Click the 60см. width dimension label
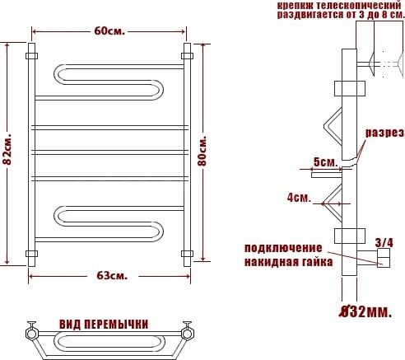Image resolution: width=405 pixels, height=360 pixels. click(x=109, y=31)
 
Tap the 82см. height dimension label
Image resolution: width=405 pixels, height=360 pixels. click(x=7, y=149)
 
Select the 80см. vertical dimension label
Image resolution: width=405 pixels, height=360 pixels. click(x=202, y=150)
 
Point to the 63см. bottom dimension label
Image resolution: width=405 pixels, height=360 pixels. click(x=112, y=275)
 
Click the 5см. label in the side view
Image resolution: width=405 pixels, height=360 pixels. click(x=326, y=162)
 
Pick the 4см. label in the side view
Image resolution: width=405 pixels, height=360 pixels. click(x=299, y=198)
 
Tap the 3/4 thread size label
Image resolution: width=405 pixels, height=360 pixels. click(x=384, y=243)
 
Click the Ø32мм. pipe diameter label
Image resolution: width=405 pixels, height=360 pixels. click(x=365, y=311)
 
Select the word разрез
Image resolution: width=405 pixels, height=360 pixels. click(x=384, y=133)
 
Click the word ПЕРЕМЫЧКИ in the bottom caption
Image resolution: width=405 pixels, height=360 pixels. click(x=116, y=325)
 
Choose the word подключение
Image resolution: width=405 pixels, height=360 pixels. click(x=283, y=248)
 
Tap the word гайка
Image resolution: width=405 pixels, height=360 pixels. click(x=318, y=262)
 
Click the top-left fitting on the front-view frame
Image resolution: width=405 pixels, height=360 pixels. click(x=31, y=56)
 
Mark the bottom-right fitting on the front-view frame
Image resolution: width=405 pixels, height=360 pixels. click(x=187, y=254)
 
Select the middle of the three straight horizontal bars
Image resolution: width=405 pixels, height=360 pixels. click(x=110, y=152)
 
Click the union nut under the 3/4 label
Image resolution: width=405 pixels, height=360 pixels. click(x=384, y=258)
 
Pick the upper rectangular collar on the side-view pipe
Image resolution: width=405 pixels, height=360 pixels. click(x=350, y=88)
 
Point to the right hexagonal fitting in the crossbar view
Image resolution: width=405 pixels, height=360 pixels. click(x=188, y=334)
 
